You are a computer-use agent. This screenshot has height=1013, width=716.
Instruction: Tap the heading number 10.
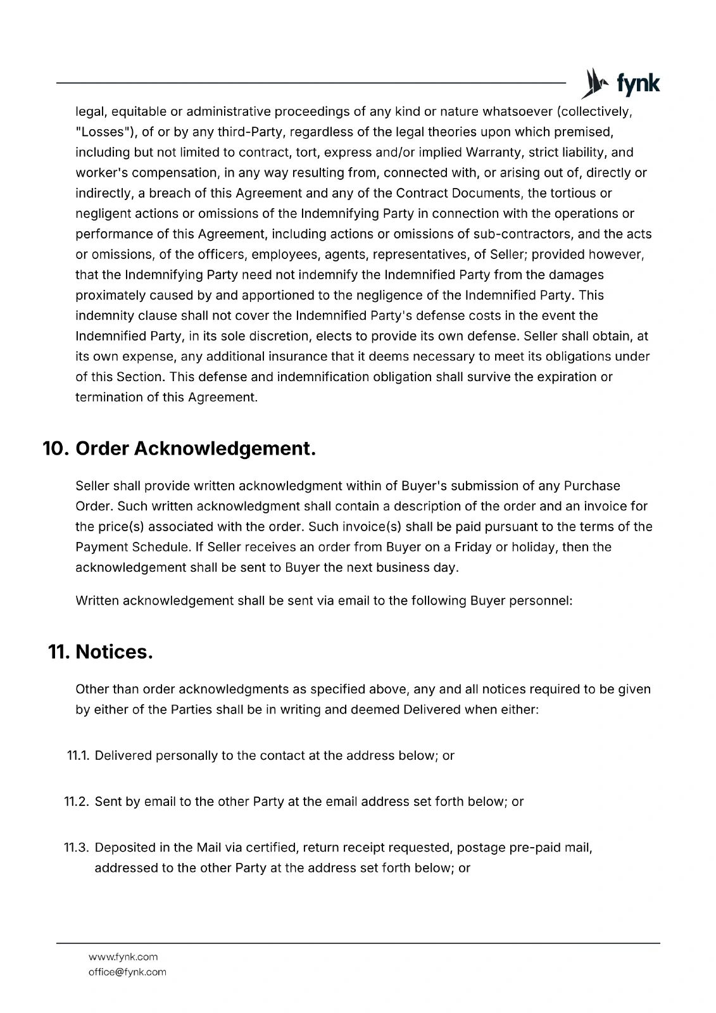[x=56, y=449]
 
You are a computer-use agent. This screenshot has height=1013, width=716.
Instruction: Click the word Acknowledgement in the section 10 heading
[x=225, y=449]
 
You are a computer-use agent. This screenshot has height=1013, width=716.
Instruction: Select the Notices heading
[x=114, y=651]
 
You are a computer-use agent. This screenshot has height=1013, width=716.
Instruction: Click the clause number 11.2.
[x=77, y=802]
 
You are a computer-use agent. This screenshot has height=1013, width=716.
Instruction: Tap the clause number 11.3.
[x=77, y=847]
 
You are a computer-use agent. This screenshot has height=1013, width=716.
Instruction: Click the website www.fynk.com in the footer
[x=123, y=957]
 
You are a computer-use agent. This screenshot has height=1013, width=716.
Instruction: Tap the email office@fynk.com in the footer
[x=127, y=972]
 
